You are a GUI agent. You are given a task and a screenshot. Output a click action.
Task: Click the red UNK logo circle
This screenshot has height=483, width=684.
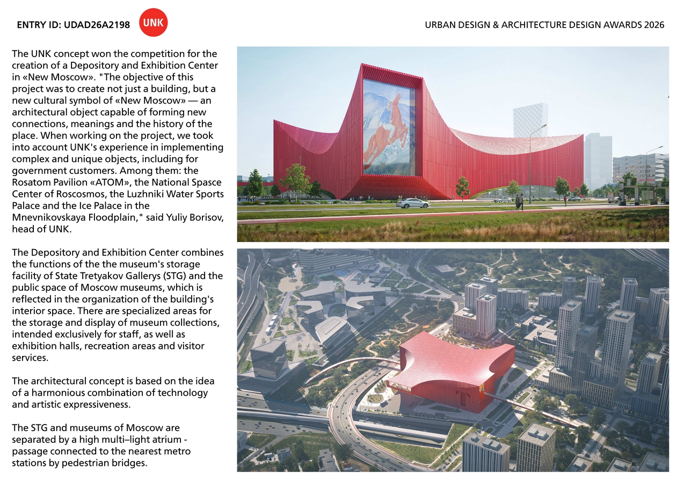pos(154,24)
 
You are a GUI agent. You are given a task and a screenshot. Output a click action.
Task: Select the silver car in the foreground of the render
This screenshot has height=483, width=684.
pos(413,203)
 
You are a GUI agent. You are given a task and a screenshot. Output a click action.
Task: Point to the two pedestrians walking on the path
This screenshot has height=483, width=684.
pos(519,202)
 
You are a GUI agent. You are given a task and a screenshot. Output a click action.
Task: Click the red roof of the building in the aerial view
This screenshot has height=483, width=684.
pos(451,357)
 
